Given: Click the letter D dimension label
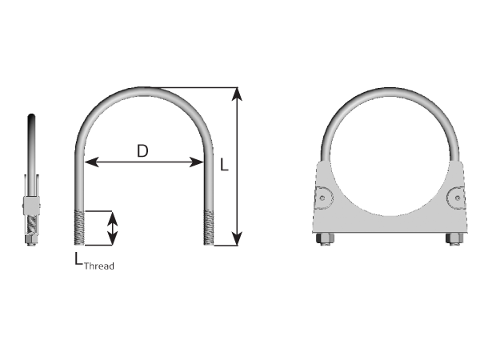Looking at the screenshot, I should [142, 150].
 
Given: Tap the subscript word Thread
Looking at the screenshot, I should [99, 265].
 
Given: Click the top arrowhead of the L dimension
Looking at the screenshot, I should [237, 94].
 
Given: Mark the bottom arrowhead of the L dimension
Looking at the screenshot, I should [237, 239].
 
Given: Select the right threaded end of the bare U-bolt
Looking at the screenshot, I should [210, 227].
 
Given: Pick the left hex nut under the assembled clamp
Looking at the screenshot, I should [326, 238].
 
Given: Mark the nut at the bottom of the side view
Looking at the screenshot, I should [30, 242].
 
